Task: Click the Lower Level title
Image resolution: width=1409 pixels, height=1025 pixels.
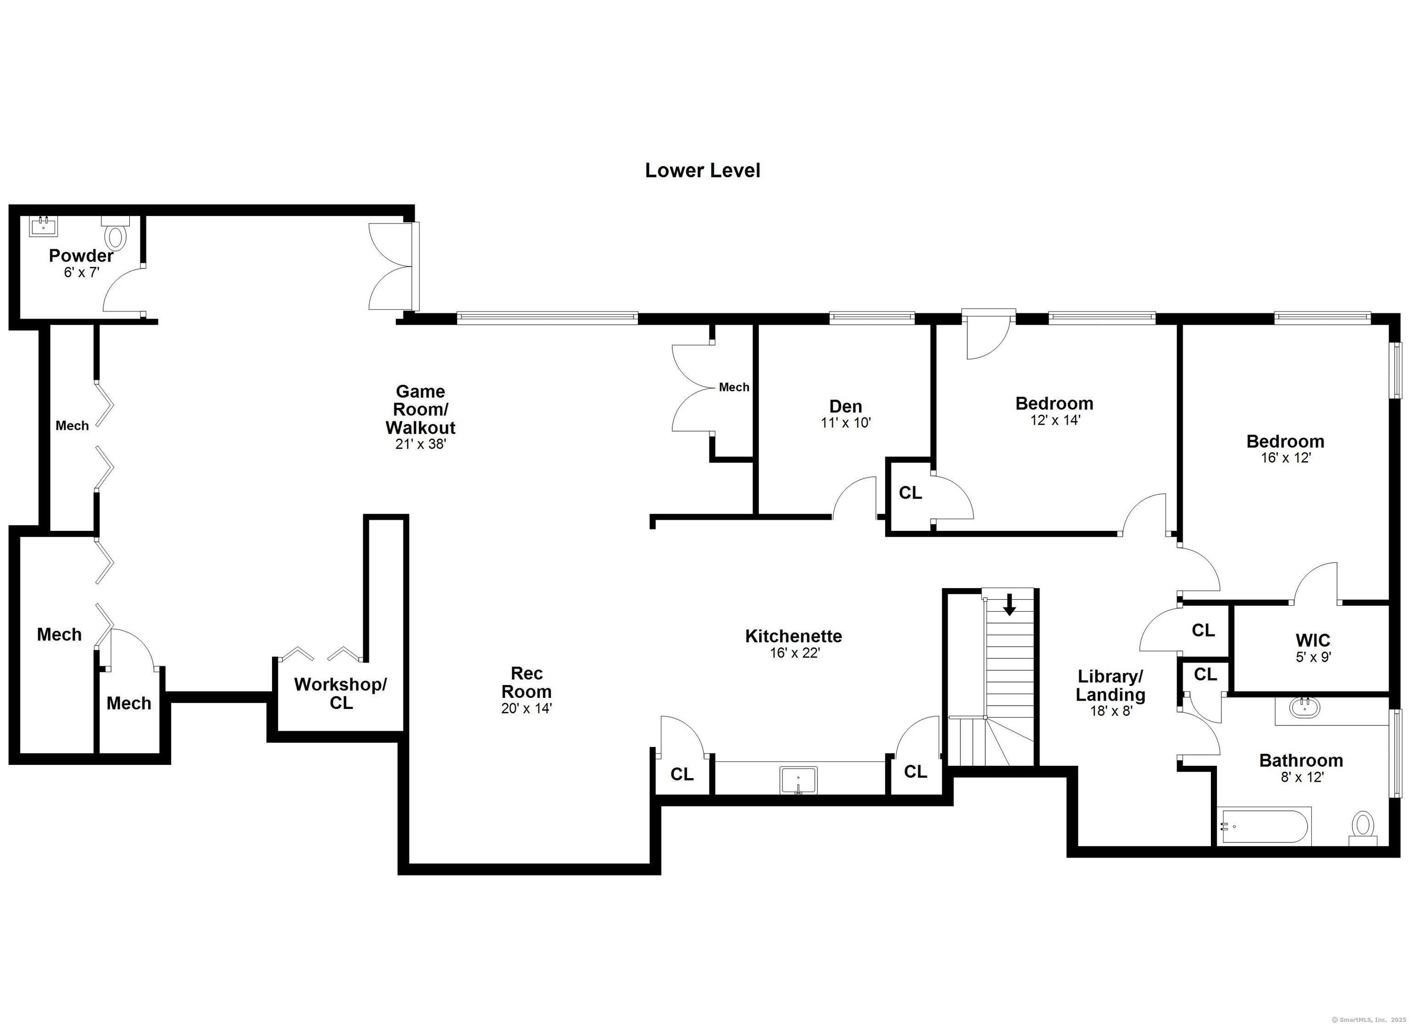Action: pos(702,170)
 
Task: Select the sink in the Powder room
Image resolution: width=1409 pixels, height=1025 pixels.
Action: pos(44,226)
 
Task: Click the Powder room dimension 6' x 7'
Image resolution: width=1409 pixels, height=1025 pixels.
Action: pos(81,272)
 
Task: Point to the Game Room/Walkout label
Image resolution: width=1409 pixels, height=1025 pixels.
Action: pos(421,410)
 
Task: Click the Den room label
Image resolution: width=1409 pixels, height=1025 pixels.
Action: pos(845,407)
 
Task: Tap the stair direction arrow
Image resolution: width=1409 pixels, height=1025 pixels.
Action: pos(1010,604)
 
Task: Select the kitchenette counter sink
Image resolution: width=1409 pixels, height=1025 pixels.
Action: pos(799,780)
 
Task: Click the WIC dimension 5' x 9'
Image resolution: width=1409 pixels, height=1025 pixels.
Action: pos(1313,657)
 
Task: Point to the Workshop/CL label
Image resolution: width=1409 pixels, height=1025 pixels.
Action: pos(340,693)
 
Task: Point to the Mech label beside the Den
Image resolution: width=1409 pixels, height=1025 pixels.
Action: pos(734,387)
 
